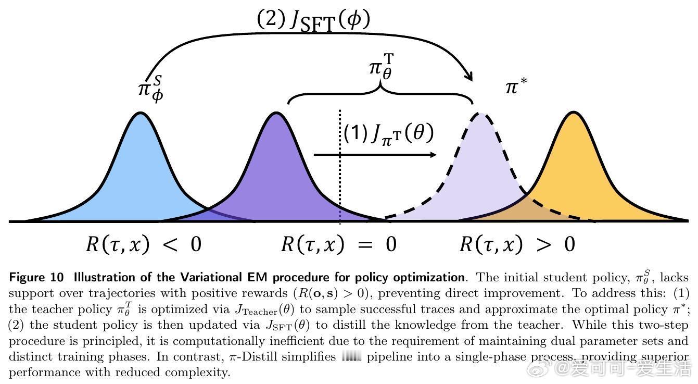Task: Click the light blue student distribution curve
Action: coord(139,172)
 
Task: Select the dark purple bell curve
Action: coord(276,172)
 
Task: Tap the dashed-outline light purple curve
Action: coord(481,172)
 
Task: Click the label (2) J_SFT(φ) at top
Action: coord(313,21)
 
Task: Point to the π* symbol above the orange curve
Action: coord(515,86)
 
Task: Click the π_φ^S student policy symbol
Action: coord(150,89)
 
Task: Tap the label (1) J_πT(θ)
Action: coord(388,133)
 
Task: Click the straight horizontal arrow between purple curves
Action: coord(375,155)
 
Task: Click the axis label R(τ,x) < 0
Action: coord(143,244)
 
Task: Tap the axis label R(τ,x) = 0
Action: coord(338,244)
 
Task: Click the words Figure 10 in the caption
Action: coord(36,277)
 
